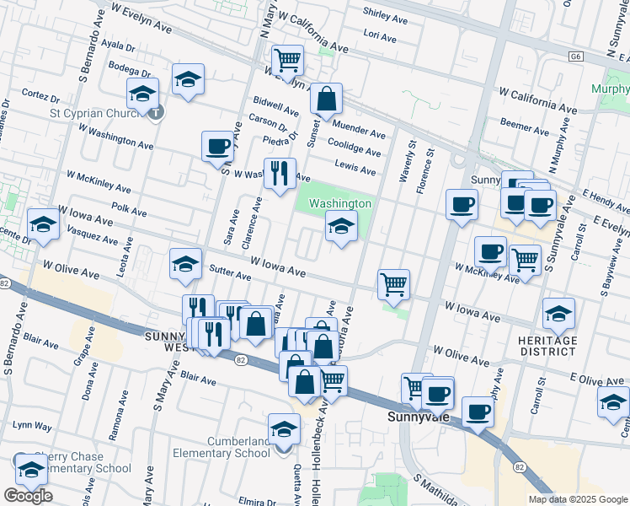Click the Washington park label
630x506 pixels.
point(339,204)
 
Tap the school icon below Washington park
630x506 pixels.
point(340,226)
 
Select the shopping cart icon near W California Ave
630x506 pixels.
point(288,60)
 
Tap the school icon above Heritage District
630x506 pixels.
point(558,314)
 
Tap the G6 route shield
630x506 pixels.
point(575,57)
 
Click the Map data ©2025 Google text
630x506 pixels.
point(577,499)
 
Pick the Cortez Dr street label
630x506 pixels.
point(38,94)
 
